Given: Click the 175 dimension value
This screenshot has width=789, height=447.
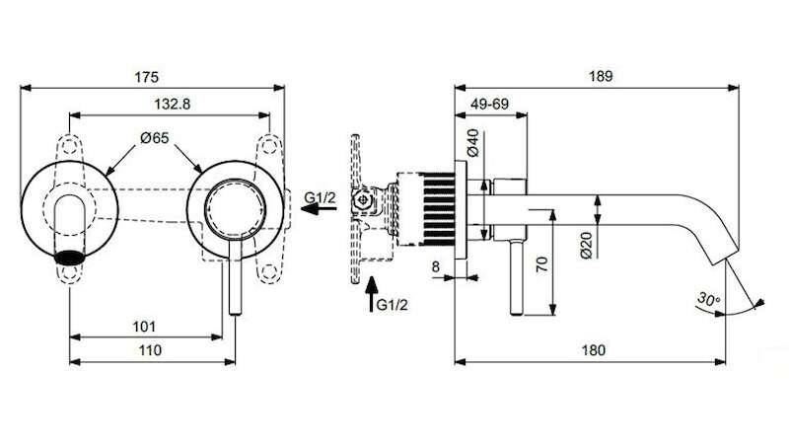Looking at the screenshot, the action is pyautogui.click(x=146, y=77).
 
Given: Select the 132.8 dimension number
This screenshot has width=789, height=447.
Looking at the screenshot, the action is pyautogui.click(x=172, y=105).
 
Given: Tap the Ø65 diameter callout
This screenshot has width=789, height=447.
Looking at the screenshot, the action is pyautogui.click(x=155, y=138).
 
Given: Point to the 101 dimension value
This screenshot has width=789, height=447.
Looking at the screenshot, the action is pyautogui.click(x=144, y=327).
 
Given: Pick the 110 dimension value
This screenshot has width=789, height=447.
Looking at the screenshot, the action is pyautogui.click(x=150, y=350).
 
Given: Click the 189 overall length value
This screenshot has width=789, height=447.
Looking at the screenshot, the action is pyautogui.click(x=601, y=76).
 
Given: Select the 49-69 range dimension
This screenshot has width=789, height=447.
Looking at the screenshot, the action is pyautogui.click(x=489, y=105).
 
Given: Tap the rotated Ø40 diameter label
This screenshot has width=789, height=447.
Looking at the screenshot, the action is pyautogui.click(x=473, y=143).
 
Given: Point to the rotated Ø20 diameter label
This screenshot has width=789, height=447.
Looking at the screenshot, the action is pyautogui.click(x=586, y=245).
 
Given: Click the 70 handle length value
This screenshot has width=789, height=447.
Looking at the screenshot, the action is pyautogui.click(x=541, y=264).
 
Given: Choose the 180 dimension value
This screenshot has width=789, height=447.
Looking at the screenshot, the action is pyautogui.click(x=594, y=350).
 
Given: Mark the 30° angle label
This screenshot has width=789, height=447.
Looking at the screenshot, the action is pyautogui.click(x=708, y=300).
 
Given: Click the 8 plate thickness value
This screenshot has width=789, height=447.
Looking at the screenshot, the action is pyautogui.click(x=436, y=266).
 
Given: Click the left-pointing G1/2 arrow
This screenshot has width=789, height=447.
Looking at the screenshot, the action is pyautogui.click(x=319, y=208).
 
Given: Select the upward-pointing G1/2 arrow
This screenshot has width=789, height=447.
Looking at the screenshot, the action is pyautogui.click(x=372, y=294).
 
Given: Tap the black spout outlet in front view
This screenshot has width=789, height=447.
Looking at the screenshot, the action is pyautogui.click(x=69, y=258).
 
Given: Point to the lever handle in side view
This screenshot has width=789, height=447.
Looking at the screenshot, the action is pyautogui.click(x=516, y=277).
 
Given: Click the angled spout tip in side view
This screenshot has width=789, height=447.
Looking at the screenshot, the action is pyautogui.click(x=725, y=257).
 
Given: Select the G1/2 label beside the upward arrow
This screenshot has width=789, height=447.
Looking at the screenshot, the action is pyautogui.click(x=392, y=305).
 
